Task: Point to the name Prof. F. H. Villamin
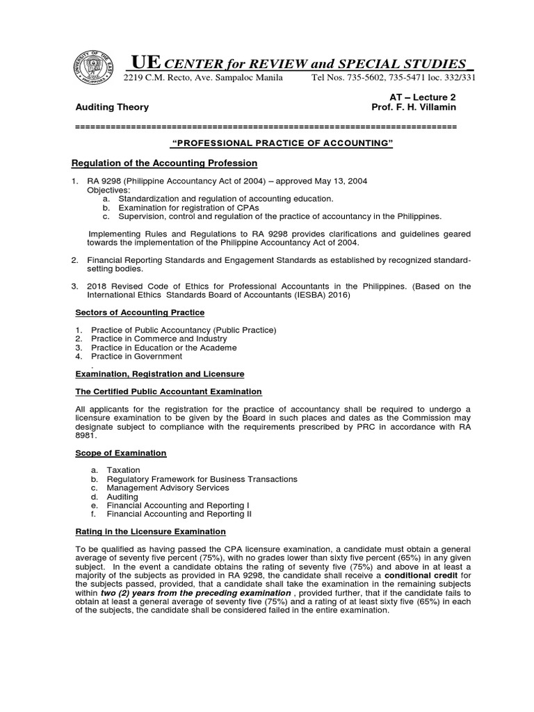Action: point(414,107)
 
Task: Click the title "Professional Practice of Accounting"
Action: point(282,143)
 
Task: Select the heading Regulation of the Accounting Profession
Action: point(165,163)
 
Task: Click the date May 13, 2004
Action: point(338,181)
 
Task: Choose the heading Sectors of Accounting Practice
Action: point(140,312)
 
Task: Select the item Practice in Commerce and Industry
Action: point(157,339)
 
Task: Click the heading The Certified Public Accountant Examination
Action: point(168,391)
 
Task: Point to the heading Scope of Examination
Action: point(120,453)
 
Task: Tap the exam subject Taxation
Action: point(124,470)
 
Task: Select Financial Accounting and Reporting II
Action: point(179,514)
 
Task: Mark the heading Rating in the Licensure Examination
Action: point(150,531)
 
